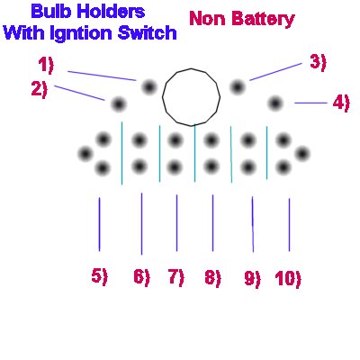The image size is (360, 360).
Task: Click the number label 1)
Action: click(x=46, y=66)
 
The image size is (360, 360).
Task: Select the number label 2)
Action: click(x=40, y=89)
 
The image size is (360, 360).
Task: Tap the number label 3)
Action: click(x=318, y=63)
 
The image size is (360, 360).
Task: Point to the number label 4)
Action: click(x=341, y=103)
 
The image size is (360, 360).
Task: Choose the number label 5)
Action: click(x=99, y=276)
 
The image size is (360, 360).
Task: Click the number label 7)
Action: click(x=176, y=277)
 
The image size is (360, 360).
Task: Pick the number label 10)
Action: click(x=288, y=279)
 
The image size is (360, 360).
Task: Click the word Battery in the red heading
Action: click(x=264, y=20)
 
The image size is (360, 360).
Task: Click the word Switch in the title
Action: click(x=147, y=32)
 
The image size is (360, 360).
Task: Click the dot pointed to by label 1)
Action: click(x=149, y=87)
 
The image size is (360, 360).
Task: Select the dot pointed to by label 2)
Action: click(x=119, y=104)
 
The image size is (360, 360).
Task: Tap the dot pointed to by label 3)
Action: click(x=238, y=87)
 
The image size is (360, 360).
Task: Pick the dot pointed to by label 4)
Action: click(x=275, y=103)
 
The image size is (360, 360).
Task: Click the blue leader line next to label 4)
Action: click(x=310, y=103)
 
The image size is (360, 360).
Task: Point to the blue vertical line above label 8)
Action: click(x=213, y=223)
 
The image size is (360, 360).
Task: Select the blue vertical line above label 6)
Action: click(x=141, y=224)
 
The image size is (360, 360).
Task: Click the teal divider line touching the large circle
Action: click(x=194, y=153)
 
